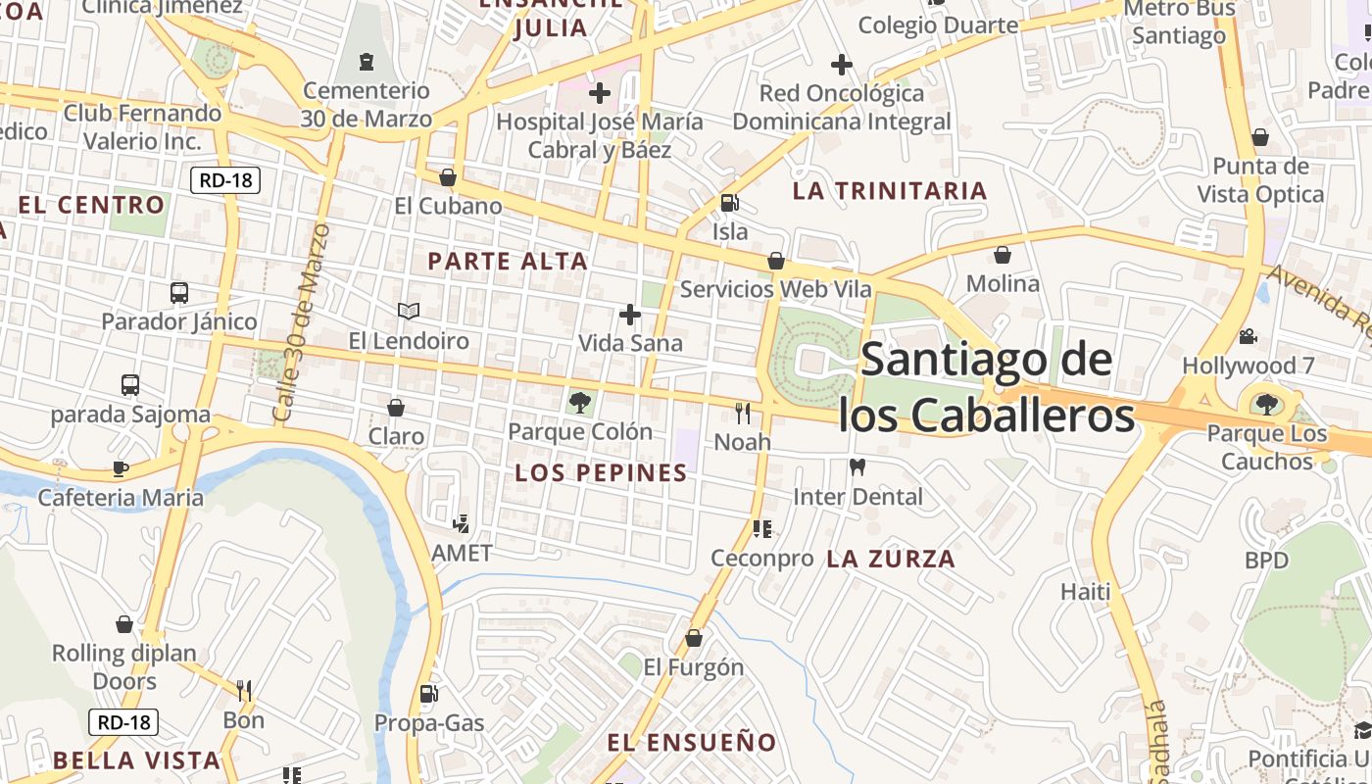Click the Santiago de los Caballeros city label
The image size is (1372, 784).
point(986,387)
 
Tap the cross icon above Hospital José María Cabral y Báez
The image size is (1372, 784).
point(599,93)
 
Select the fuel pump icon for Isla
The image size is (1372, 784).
point(729,203)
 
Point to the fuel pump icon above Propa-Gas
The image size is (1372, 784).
point(428,694)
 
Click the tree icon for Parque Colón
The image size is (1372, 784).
point(579,402)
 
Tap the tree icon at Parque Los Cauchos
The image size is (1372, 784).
point(1266,404)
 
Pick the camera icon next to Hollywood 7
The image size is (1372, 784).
point(1248,336)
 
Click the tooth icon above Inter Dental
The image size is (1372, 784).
point(857,467)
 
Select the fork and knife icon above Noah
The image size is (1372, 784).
point(742,413)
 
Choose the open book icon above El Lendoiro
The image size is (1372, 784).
point(409,311)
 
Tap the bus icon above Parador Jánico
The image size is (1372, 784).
point(179,292)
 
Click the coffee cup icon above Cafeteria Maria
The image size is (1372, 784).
point(121,468)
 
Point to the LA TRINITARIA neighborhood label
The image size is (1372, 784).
point(889,191)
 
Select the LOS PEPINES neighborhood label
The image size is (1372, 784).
point(601,473)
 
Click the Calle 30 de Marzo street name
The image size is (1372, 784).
point(302,323)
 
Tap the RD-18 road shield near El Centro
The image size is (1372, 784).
point(224,179)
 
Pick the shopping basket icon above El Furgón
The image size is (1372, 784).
point(694,638)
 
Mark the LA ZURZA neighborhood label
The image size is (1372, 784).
point(890,560)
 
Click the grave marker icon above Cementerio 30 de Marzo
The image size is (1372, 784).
point(367,62)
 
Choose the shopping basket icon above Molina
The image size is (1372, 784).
point(1003,255)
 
